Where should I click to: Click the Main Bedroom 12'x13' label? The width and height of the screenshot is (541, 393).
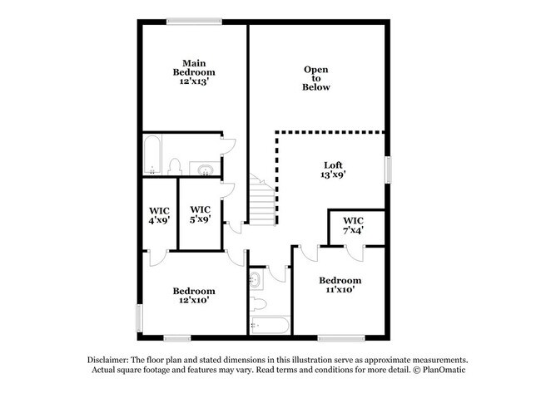point(195,72)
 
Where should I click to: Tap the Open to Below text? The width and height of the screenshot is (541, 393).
point(316,78)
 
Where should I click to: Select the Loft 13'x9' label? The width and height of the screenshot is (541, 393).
point(333,169)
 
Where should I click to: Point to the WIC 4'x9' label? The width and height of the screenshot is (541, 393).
point(160,215)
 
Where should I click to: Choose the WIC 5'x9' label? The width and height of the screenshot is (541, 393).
point(201,214)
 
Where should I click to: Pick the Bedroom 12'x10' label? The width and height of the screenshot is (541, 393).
point(194,296)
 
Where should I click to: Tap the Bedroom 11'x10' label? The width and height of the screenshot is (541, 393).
point(340,285)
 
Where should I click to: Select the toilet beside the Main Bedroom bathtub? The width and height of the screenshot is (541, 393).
point(176,167)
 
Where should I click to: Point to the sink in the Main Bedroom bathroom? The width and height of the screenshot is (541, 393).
point(205,170)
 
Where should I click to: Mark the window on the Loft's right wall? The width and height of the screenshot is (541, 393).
point(387,169)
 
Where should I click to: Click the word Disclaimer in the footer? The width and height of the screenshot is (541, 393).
point(111,358)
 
